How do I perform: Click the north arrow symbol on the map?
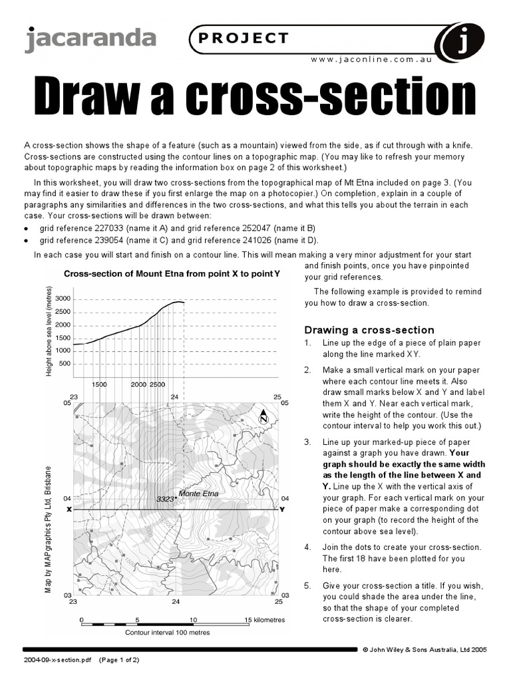(x=264, y=416)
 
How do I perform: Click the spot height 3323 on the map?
(x=165, y=499)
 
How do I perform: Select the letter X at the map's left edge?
(x=69, y=509)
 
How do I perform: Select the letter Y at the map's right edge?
(x=281, y=509)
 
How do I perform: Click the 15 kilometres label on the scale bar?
(x=265, y=619)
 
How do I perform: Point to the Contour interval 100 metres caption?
(x=168, y=632)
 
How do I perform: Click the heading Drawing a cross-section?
(x=369, y=330)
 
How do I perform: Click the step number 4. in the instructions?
(x=307, y=547)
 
